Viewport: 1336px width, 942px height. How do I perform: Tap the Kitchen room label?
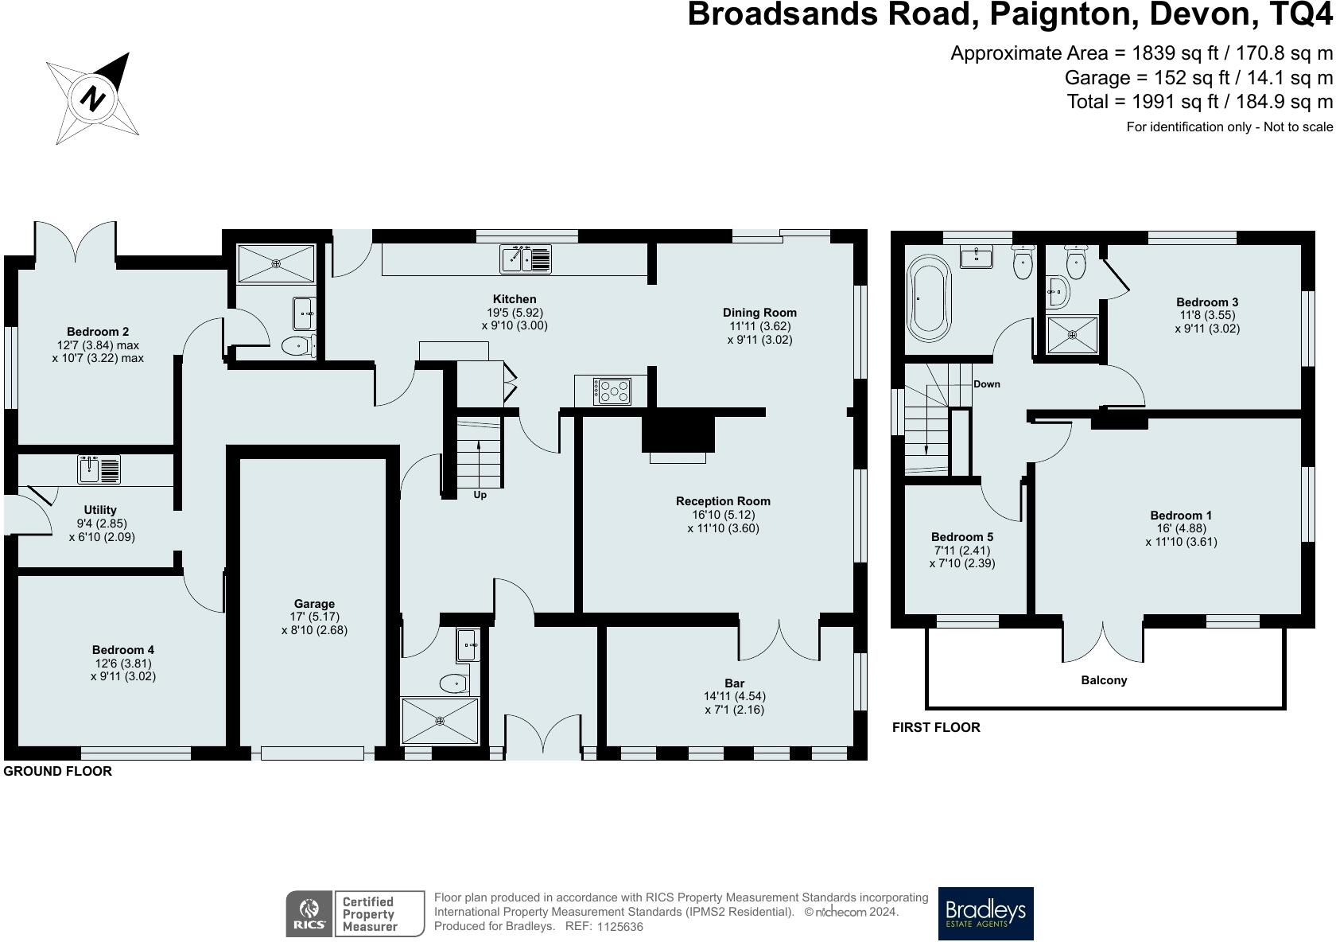(515, 299)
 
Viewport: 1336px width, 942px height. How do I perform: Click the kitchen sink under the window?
(525, 259)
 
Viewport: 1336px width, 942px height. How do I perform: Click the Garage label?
(314, 604)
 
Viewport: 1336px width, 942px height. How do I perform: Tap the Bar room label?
(734, 683)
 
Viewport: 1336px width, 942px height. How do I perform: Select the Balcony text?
(1103, 680)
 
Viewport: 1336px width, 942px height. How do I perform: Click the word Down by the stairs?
(986, 384)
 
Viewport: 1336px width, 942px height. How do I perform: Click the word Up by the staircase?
(480, 495)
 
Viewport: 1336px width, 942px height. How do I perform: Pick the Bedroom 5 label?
(962, 536)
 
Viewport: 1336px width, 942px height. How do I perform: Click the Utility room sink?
(99, 469)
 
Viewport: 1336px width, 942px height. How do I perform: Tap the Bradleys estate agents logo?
(985, 913)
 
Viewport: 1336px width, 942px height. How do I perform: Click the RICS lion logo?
(308, 913)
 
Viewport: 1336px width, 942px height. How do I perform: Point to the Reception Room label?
(723, 501)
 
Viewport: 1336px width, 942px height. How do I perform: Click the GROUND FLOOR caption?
(58, 771)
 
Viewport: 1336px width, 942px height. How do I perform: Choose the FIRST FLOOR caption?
(936, 727)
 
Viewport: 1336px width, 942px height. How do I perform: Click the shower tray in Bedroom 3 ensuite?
(1072, 337)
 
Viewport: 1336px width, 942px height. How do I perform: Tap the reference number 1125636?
(619, 927)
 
